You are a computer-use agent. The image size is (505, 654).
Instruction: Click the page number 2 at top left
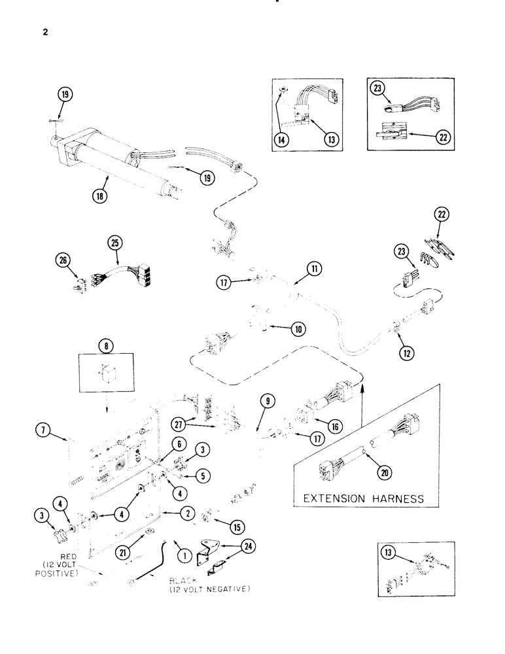point(44,31)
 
